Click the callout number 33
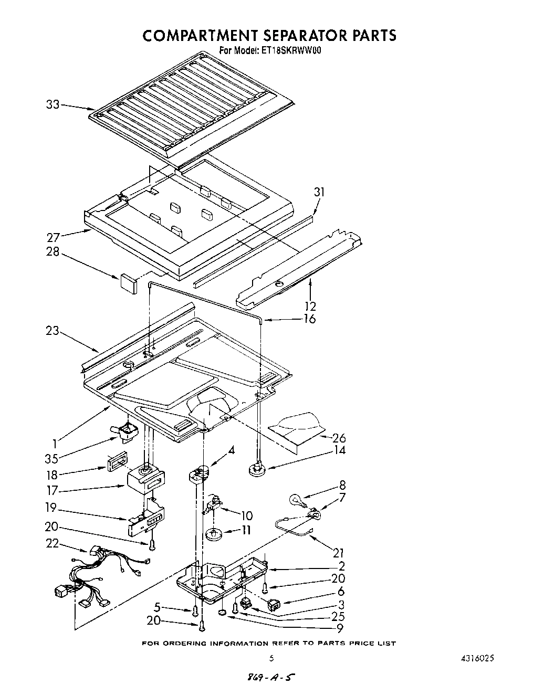[x=53, y=104]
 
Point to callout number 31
[x=319, y=193]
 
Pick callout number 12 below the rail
[x=310, y=306]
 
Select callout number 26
[x=340, y=437]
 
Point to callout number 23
[x=53, y=331]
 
